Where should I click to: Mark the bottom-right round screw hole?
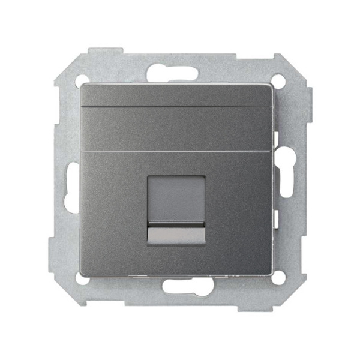[x=277, y=278]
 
